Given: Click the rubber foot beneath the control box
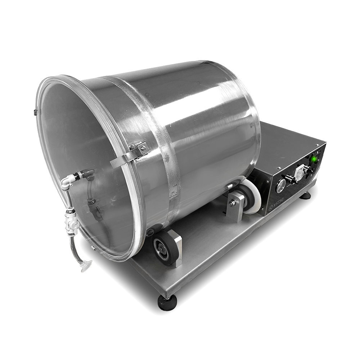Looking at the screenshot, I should click(x=306, y=195).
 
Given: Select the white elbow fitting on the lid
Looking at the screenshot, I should click(x=66, y=182).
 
